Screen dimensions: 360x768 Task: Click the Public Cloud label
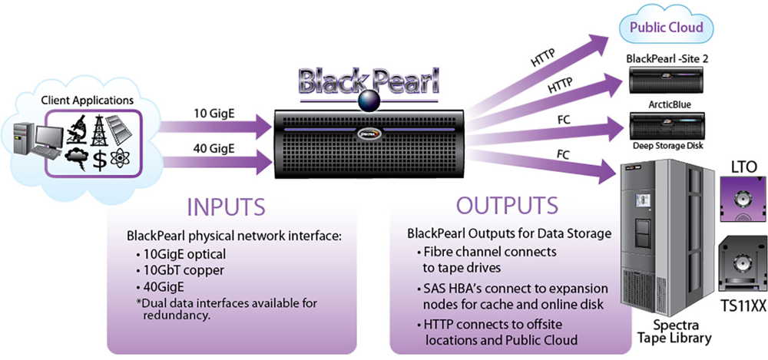point(666,28)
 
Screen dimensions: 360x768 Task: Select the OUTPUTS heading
point(507,206)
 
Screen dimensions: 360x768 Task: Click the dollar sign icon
point(100,160)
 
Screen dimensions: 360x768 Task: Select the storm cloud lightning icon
point(76,159)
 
